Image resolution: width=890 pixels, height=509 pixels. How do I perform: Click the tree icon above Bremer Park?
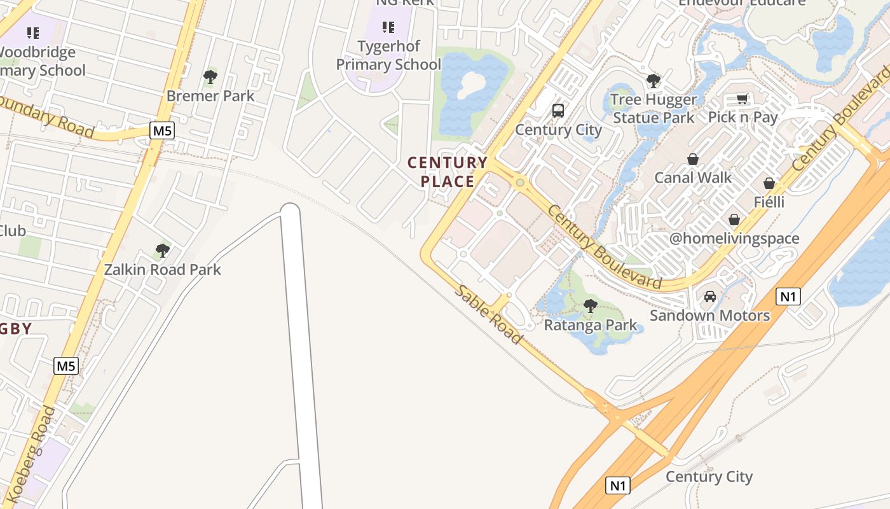[210, 78]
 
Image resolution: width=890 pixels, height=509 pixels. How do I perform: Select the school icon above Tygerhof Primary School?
[388, 27]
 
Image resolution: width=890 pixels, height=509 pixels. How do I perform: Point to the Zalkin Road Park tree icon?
[163, 251]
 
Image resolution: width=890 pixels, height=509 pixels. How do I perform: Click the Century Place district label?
[448, 172]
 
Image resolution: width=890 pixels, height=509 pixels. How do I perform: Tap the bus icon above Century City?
[558, 111]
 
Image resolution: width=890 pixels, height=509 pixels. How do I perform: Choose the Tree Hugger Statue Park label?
[654, 109]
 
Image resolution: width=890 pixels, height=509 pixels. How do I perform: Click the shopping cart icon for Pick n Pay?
[742, 99]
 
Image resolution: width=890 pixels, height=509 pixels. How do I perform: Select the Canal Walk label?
[693, 178]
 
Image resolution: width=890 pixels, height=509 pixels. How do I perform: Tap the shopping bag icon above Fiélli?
[769, 183]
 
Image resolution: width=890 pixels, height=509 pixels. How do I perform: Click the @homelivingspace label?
[734, 239]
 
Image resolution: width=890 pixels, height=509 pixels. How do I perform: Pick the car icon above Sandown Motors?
[710, 296]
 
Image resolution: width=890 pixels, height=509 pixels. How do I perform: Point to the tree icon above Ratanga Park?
[591, 306]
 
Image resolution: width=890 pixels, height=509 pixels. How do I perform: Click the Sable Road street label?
[489, 315]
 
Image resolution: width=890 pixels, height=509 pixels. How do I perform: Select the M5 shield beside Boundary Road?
[162, 131]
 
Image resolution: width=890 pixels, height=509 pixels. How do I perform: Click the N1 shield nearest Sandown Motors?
[788, 296]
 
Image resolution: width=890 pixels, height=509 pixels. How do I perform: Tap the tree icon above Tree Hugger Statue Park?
[653, 81]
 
